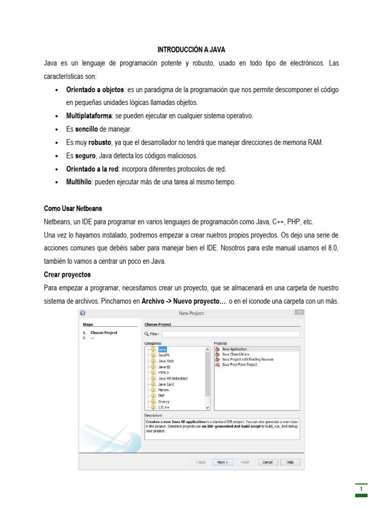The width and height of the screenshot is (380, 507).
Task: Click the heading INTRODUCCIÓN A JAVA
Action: click(191, 50)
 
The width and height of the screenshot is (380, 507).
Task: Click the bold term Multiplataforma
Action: click(89, 116)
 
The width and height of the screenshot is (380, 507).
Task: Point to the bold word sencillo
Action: click(87, 129)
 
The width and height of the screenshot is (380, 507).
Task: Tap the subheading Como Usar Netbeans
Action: click(73, 208)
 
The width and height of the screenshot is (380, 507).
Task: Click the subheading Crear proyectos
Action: click(67, 274)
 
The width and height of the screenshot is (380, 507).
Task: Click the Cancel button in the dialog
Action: click(267, 462)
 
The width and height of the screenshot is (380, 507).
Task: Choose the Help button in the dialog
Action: click(290, 462)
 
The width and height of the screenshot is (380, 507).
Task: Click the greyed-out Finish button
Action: click(245, 462)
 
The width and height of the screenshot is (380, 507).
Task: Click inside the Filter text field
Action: click(231, 334)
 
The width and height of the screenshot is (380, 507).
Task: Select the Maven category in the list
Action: click(163, 390)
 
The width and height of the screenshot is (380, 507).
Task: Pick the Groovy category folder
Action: click(164, 402)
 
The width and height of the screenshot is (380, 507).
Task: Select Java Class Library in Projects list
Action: click(236, 354)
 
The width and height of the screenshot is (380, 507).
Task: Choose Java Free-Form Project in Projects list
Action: click(239, 364)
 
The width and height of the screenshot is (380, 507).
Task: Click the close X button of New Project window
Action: click(299, 312)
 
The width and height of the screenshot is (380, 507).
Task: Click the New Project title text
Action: click(191, 313)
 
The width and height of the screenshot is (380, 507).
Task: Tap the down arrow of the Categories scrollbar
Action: click(207, 407)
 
